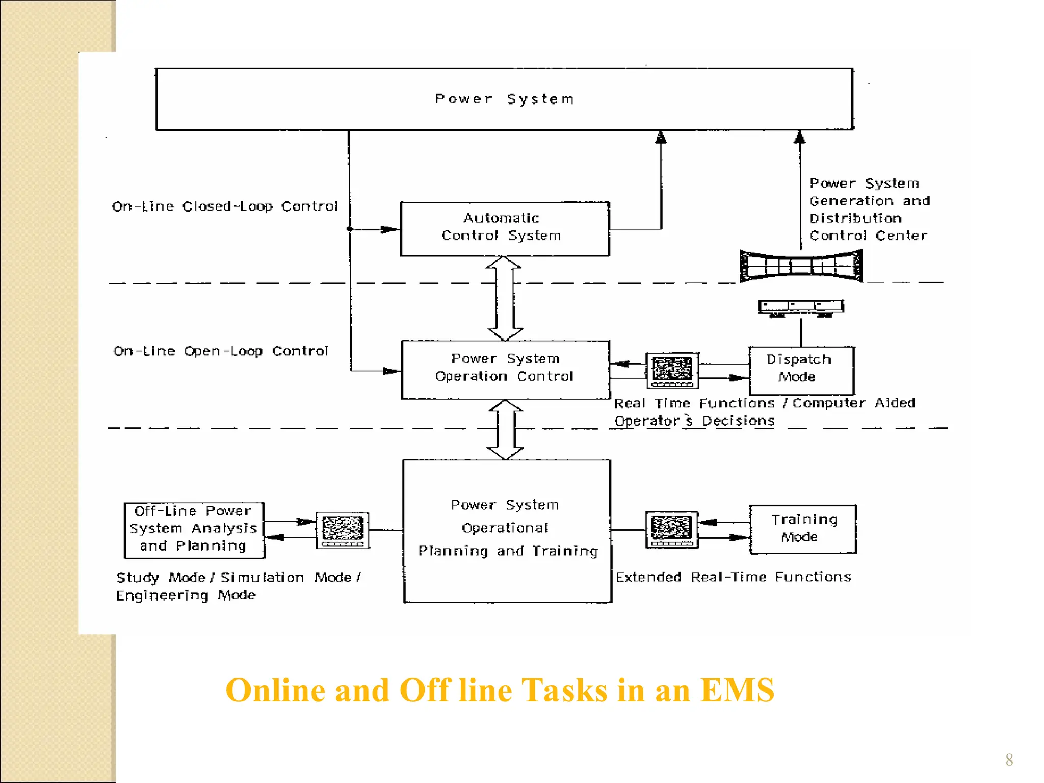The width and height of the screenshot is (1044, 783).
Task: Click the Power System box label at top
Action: tap(504, 99)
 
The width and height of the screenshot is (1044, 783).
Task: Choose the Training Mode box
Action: tap(803, 529)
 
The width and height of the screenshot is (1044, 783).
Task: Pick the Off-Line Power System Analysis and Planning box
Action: tap(194, 529)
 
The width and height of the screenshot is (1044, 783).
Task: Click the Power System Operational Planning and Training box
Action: tap(507, 530)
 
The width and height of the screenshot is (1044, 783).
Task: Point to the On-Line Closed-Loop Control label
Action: tap(224, 206)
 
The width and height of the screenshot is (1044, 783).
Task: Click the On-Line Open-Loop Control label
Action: tap(221, 351)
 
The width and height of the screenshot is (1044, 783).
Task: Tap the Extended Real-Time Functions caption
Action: tap(733, 577)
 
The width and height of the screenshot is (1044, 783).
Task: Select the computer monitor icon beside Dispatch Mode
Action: tap(672, 370)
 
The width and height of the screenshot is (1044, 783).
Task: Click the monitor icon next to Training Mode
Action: tap(671, 529)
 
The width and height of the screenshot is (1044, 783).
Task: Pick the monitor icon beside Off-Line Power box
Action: tap(342, 530)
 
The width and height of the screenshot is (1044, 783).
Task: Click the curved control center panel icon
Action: tap(801, 266)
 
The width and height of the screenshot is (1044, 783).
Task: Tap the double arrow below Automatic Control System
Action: tap(504, 298)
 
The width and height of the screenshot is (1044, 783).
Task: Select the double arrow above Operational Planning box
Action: tap(505, 429)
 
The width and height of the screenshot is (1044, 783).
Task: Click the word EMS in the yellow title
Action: tap(737, 691)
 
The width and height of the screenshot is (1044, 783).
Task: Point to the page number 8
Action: tap(1009, 760)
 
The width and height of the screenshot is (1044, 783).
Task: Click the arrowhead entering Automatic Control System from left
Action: tap(389, 229)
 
